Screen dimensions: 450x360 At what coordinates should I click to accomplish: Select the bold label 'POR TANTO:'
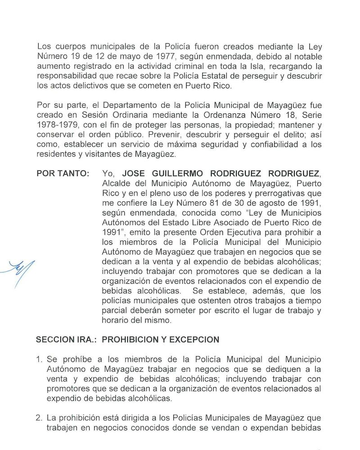pos(63,174)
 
